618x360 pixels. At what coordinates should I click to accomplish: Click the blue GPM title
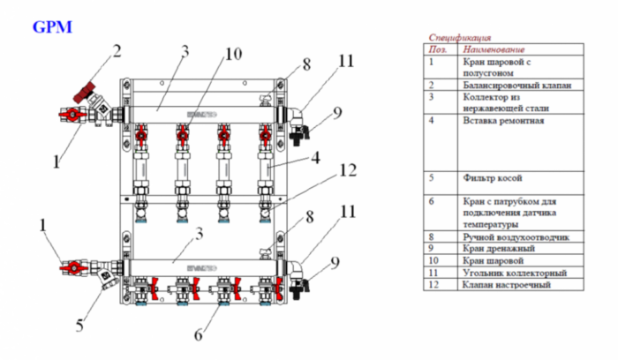click(52, 27)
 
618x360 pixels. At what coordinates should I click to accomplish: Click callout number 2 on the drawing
click(115, 49)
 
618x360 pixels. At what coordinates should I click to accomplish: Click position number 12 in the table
click(433, 286)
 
